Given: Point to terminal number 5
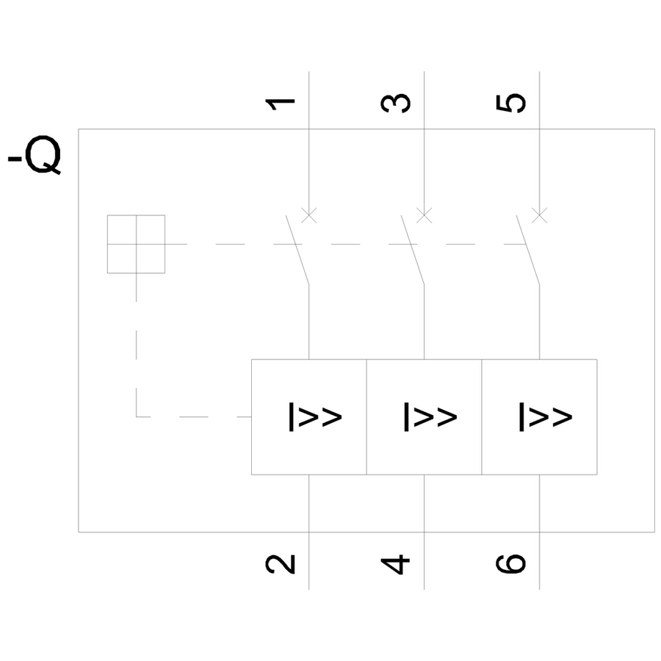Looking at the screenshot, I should [511, 103].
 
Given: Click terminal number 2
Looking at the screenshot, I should [281, 563].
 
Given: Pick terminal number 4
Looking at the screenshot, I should [396, 564].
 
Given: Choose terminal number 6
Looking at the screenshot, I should [511, 563].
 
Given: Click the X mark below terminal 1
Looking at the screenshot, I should [309, 215].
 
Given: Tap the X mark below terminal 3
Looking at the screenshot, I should [425, 215].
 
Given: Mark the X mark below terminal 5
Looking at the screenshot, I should [540, 215].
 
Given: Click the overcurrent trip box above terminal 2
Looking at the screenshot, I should [309, 416].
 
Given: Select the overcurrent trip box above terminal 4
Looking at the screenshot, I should [424, 416].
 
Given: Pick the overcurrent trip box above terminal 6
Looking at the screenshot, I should [539, 416].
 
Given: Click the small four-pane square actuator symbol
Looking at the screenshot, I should [136, 244].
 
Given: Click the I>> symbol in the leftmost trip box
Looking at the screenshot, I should [314, 416].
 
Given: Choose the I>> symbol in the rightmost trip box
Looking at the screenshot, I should [545, 416].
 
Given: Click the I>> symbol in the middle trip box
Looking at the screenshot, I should [430, 416].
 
